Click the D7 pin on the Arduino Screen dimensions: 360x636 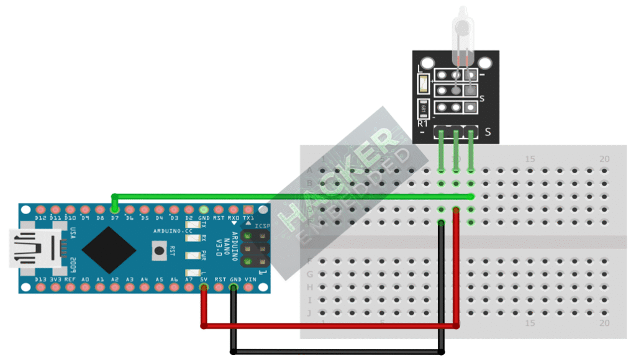coord(115,209)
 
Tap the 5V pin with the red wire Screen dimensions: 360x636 coord(204,288)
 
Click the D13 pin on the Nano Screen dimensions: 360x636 coord(41,288)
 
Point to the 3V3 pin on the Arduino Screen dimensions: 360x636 coord(56,288)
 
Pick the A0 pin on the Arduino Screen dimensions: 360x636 coord(85,288)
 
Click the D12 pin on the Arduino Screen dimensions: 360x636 coord(41,209)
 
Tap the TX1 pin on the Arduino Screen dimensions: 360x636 coord(248,209)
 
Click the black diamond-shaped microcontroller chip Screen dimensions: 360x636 coord(109,248)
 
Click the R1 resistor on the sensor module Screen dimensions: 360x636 coord(424,107)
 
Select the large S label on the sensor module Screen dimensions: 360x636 coord(488,132)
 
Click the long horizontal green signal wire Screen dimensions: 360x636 coord(292,197)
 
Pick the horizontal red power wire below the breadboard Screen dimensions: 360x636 coord(329,325)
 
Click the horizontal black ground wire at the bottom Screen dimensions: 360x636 coord(335,352)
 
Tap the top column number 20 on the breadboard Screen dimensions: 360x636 coord(604,159)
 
